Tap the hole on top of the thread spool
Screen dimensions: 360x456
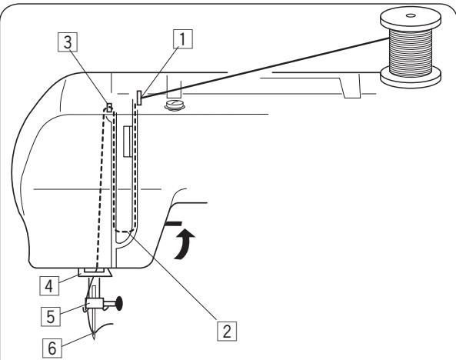click(x=408, y=14)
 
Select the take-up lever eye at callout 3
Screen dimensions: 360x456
click(x=109, y=106)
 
